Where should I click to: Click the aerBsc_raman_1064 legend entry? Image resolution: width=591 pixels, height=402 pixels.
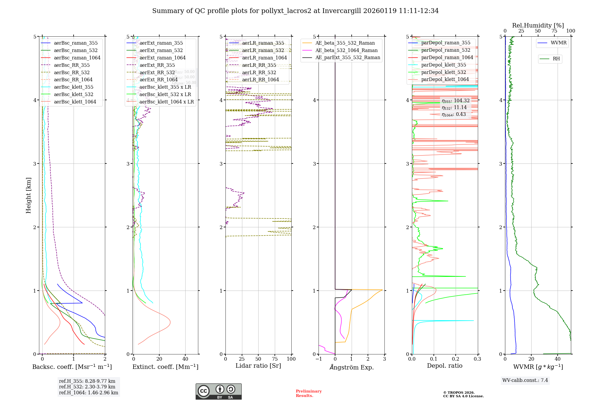77,58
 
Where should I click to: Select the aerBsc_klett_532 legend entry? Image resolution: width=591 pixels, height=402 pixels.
73,94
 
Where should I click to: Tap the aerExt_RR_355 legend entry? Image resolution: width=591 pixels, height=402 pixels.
157,65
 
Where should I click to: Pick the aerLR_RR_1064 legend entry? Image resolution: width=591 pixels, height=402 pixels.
260,80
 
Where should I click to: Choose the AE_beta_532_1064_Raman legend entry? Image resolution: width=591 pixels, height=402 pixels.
346,50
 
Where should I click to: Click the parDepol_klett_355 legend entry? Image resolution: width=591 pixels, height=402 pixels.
443,65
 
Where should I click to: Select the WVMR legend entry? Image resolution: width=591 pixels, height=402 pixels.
558,43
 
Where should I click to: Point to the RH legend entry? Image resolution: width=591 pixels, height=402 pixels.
556,59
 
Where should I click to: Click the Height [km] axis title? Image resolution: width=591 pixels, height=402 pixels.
28,195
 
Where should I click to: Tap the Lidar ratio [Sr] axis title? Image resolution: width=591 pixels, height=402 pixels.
258,366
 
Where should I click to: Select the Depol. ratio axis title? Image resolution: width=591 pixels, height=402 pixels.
444,366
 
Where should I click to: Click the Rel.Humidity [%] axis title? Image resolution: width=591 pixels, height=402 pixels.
538,25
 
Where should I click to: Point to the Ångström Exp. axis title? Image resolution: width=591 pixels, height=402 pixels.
352,367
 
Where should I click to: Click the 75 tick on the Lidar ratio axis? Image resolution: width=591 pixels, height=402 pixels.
275,359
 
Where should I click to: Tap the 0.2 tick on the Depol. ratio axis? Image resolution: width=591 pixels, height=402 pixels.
456,359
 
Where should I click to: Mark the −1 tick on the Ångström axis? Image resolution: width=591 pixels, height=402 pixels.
319,359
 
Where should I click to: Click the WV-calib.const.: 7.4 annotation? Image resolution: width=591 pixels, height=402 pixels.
525,380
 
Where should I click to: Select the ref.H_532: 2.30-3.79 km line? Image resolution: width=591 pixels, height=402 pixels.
87,387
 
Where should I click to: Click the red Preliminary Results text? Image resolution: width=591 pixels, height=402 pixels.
309,393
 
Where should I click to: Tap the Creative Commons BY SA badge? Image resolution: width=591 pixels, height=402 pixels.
218,391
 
